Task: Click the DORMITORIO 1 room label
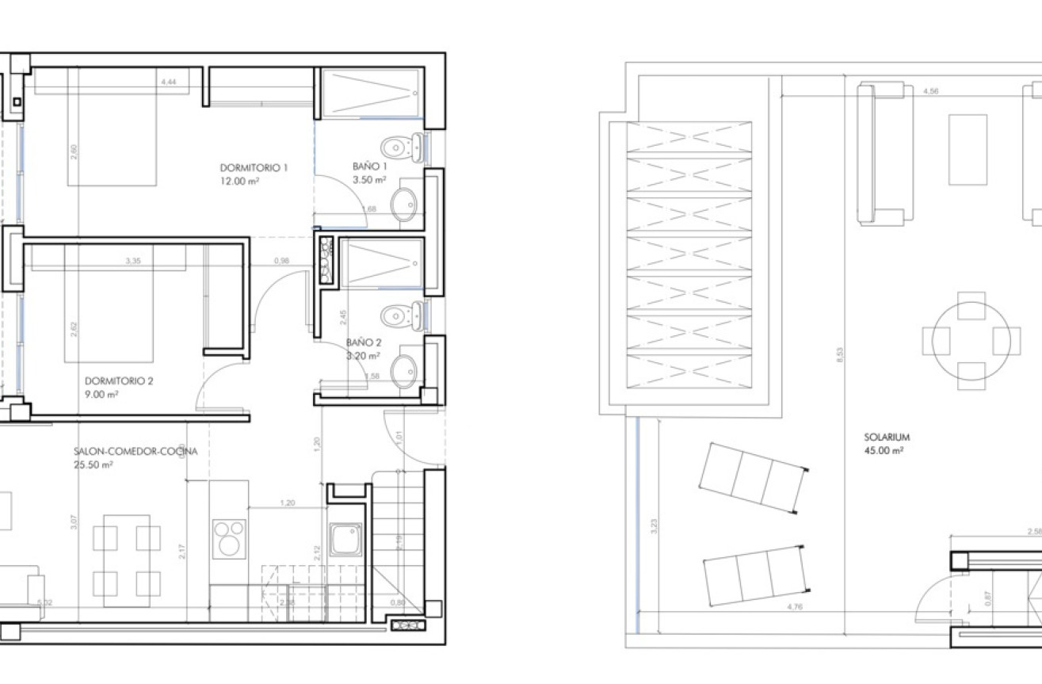click(x=254, y=168)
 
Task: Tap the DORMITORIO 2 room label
click(x=119, y=381)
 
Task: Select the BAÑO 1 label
click(x=370, y=167)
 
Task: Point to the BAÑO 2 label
click(x=364, y=343)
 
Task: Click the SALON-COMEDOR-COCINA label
click(x=135, y=452)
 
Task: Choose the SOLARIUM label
click(x=887, y=437)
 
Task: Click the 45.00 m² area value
click(x=885, y=450)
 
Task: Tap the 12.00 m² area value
click(x=241, y=181)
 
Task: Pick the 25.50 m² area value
click(x=93, y=465)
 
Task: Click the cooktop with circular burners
click(x=229, y=538)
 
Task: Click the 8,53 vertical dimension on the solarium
click(x=840, y=354)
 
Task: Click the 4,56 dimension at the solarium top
click(x=932, y=91)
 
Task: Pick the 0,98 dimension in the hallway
click(x=282, y=260)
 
